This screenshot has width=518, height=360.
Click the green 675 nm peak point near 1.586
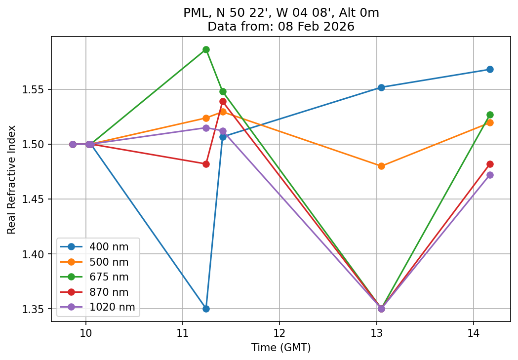[206, 50]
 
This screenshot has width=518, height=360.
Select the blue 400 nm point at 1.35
[206, 309]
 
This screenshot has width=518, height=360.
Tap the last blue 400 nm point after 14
[490, 69]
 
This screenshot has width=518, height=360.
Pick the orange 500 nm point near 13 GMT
[381, 166]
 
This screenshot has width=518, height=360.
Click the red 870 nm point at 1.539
[223, 101]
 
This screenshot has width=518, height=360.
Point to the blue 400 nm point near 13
[381, 87]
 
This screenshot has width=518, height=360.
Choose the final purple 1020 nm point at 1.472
[490, 175]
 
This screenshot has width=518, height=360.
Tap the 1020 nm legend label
[112, 307]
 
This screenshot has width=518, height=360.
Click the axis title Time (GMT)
[281, 348]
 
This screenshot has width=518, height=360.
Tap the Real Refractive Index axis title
[11, 179]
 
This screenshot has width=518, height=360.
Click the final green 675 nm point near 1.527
[490, 115]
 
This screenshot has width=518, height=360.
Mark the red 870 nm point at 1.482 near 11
[206, 164]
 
